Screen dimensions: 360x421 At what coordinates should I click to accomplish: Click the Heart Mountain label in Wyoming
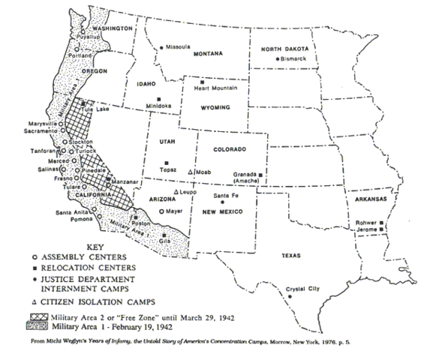tap(213, 88)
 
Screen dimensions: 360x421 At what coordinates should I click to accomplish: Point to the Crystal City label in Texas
tap(302, 288)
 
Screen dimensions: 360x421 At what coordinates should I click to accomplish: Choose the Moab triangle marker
tap(192, 172)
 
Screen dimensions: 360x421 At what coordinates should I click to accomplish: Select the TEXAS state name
tap(290, 255)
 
